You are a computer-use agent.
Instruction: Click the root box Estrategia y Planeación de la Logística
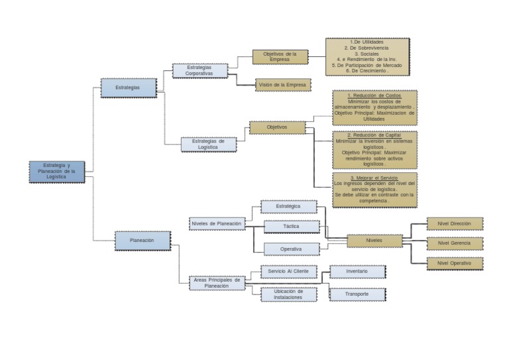click(57, 171)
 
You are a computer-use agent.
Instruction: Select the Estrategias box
click(129, 88)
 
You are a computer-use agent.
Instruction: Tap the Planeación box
click(142, 240)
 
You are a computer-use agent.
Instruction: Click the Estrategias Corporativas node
click(199, 70)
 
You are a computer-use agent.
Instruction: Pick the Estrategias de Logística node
click(209, 144)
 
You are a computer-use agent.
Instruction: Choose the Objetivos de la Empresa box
click(280, 56)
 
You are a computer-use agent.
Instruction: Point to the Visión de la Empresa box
click(283, 85)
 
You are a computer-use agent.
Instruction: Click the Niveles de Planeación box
click(216, 224)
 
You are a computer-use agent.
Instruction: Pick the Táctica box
click(292, 226)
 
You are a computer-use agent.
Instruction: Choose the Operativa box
click(291, 249)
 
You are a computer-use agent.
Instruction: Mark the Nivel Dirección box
click(454, 223)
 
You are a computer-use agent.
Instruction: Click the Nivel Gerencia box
click(454, 243)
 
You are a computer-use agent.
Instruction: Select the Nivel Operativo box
click(454, 263)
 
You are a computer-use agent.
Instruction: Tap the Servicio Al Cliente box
click(288, 271)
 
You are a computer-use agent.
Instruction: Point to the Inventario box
click(357, 272)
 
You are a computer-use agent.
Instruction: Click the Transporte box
click(357, 294)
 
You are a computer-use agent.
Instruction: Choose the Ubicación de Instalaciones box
click(288, 294)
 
